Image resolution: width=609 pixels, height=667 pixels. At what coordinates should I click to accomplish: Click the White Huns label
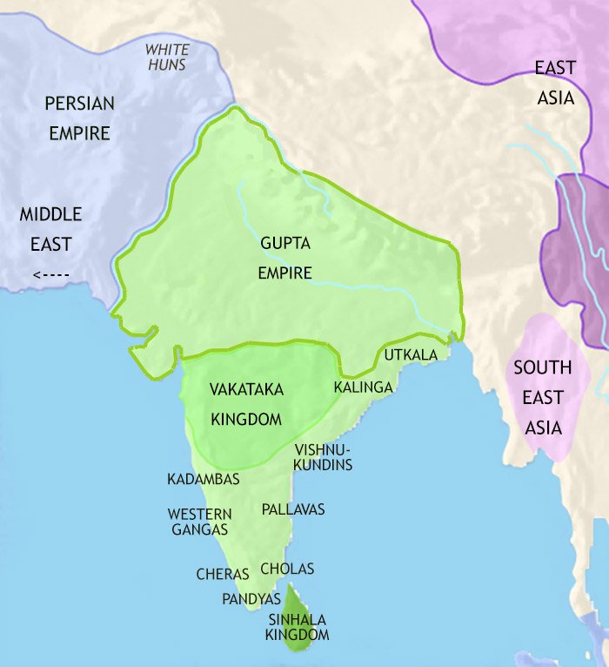[x=166, y=57]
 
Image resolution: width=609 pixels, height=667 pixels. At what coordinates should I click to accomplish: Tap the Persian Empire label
[x=79, y=118]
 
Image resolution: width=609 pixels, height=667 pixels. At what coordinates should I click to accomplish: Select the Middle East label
[x=50, y=229]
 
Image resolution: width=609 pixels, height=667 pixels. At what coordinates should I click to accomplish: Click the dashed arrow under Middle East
[x=50, y=276]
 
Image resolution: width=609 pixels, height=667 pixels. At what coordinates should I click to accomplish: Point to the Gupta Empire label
[x=284, y=258]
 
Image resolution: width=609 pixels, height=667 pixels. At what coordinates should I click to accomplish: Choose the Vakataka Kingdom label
[x=246, y=404]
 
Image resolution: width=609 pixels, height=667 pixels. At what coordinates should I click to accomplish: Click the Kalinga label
[x=364, y=387]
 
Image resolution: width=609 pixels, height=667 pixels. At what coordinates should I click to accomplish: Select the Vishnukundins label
[x=324, y=457]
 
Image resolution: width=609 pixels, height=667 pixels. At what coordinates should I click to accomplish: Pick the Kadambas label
[x=204, y=479]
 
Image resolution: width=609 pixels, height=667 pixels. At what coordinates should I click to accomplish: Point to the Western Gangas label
[x=199, y=522]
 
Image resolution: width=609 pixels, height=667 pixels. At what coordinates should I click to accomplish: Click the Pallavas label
[x=292, y=509]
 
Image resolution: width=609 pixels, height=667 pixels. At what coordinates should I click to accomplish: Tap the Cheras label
[x=223, y=574]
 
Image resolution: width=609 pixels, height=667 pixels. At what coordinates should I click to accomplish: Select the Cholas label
[x=287, y=569]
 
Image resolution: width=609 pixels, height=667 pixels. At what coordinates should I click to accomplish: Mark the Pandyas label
[x=251, y=599]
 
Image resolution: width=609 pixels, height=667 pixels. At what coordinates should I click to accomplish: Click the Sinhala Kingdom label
[x=298, y=627]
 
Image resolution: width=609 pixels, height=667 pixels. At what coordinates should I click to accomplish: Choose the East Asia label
[x=555, y=82]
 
